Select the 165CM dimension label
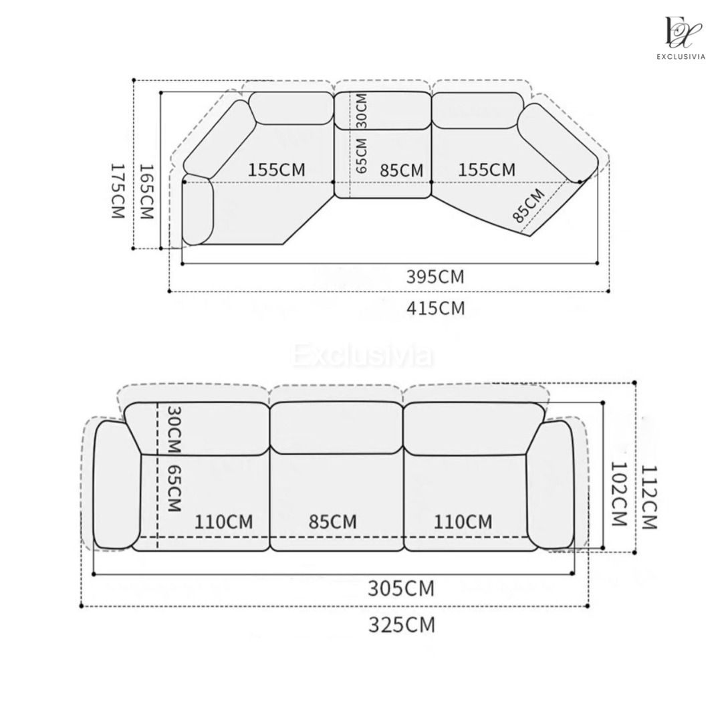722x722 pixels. coord(146,191)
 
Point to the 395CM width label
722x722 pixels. coord(435,277)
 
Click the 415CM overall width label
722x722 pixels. coord(436,308)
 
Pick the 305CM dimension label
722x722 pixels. coord(401,588)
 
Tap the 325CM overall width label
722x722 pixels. coord(402,625)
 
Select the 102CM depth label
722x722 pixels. coord(618,494)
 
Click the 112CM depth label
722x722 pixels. coord(649,497)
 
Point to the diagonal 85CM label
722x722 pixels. coord(527,205)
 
